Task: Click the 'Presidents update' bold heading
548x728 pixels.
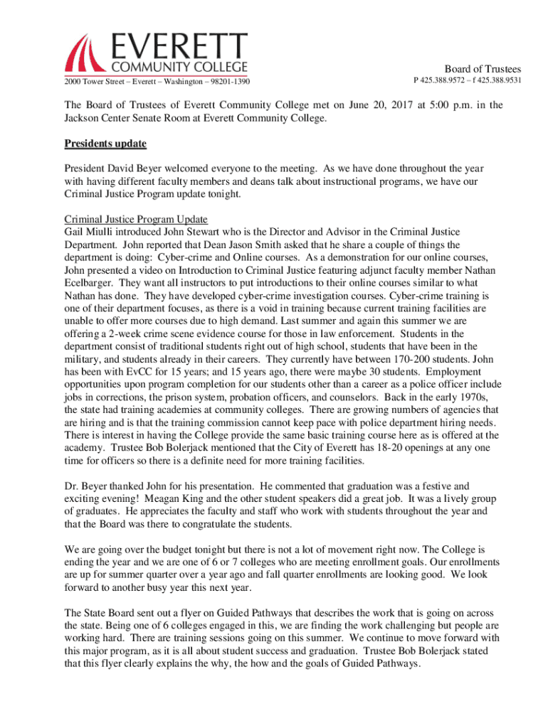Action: pos(105,144)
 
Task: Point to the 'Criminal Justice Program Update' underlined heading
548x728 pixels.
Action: pos(135,219)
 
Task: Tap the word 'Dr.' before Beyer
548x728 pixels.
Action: pos(72,486)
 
